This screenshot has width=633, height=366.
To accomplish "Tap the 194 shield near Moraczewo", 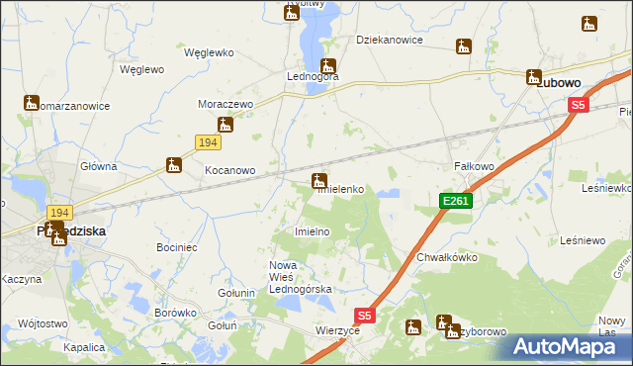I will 207,144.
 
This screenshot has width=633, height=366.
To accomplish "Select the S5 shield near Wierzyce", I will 365,316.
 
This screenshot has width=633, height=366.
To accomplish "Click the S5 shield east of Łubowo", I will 579,105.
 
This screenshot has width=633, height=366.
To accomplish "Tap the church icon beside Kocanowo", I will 174,164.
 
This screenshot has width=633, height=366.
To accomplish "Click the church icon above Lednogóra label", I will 326,66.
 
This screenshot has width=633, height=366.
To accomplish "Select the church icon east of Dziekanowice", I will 463,46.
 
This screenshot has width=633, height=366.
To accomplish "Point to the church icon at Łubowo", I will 534,76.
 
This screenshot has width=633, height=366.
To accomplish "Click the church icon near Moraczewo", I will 226,125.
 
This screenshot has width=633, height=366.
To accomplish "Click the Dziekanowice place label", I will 390,40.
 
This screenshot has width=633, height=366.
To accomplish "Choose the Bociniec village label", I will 176,245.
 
